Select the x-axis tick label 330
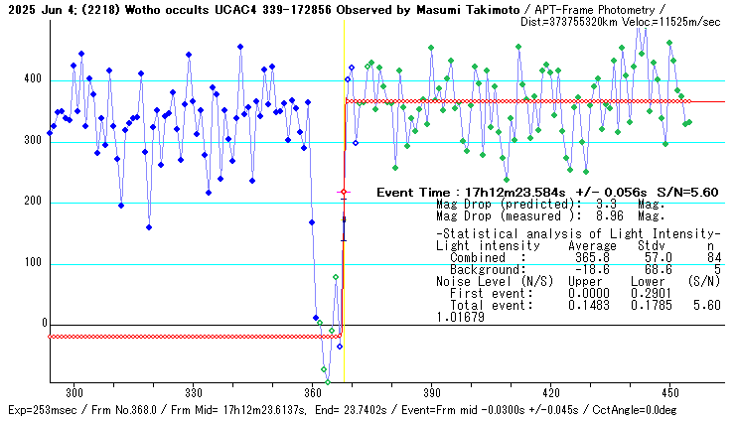194,393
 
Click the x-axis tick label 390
431,393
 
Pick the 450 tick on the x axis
668,393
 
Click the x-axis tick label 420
550,393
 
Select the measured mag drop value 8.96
596,216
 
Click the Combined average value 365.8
589,257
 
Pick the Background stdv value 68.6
652,270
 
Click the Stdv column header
651,245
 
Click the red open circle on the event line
344,192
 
